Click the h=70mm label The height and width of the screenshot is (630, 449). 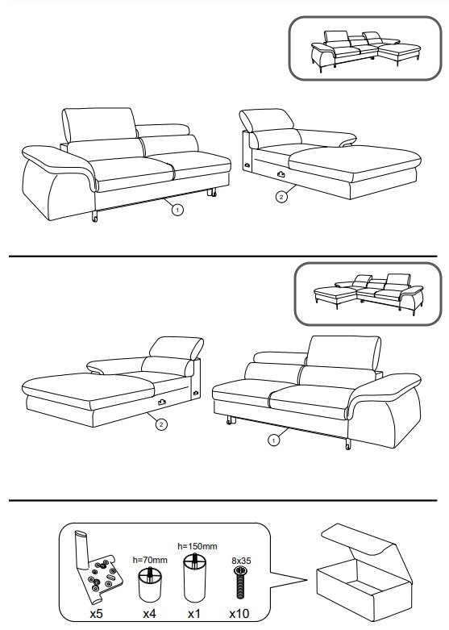tap(150, 560)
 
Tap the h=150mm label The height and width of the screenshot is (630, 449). tap(197, 546)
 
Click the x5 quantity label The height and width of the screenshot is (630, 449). tap(97, 614)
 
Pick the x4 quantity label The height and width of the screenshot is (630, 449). tap(149, 614)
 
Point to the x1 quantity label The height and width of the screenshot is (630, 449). tap(194, 614)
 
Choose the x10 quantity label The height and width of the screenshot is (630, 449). tap(239, 614)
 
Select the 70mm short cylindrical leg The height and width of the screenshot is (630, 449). tap(149, 583)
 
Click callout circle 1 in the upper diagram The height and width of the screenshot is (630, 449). tap(177, 210)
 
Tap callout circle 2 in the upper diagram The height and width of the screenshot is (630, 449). tap(281, 197)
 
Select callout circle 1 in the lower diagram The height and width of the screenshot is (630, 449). tap(273, 440)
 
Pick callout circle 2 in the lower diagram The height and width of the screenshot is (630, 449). tap(161, 424)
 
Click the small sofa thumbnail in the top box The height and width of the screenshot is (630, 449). tap(365, 51)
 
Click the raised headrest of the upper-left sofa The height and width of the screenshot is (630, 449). tap(98, 124)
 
